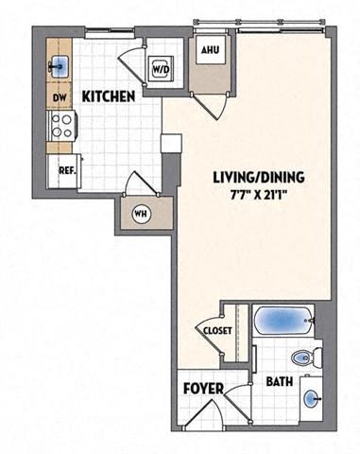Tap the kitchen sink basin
60,65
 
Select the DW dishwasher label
59,96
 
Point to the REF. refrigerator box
65,171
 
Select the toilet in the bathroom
301,358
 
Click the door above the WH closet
137,183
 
